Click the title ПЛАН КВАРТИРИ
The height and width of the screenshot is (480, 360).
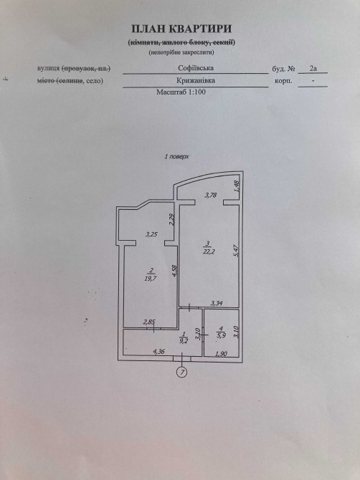click(x=181, y=29)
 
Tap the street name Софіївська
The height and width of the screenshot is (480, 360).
click(x=196, y=67)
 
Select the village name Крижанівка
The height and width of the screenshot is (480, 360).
click(x=196, y=80)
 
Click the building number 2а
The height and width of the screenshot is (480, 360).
click(x=313, y=68)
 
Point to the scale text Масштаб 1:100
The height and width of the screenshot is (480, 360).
click(x=181, y=92)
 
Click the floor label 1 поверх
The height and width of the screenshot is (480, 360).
click(x=177, y=157)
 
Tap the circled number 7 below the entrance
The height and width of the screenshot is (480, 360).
click(x=182, y=373)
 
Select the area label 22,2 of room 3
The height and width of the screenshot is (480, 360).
click(x=209, y=251)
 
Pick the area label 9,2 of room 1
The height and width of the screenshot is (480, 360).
click(x=184, y=341)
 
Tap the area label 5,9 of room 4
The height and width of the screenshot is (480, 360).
click(x=221, y=335)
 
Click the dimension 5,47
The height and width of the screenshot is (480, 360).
click(x=236, y=250)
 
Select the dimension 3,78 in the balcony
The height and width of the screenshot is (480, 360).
click(x=211, y=195)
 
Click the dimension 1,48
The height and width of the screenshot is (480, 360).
click(x=236, y=186)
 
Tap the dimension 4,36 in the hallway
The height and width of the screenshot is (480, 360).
click(x=158, y=352)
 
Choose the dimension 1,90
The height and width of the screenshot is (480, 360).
click(x=221, y=354)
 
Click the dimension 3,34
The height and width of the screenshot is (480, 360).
click(x=217, y=303)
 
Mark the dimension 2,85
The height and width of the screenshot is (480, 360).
click(x=150, y=322)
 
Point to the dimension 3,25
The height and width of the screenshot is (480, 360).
click(x=151, y=235)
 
